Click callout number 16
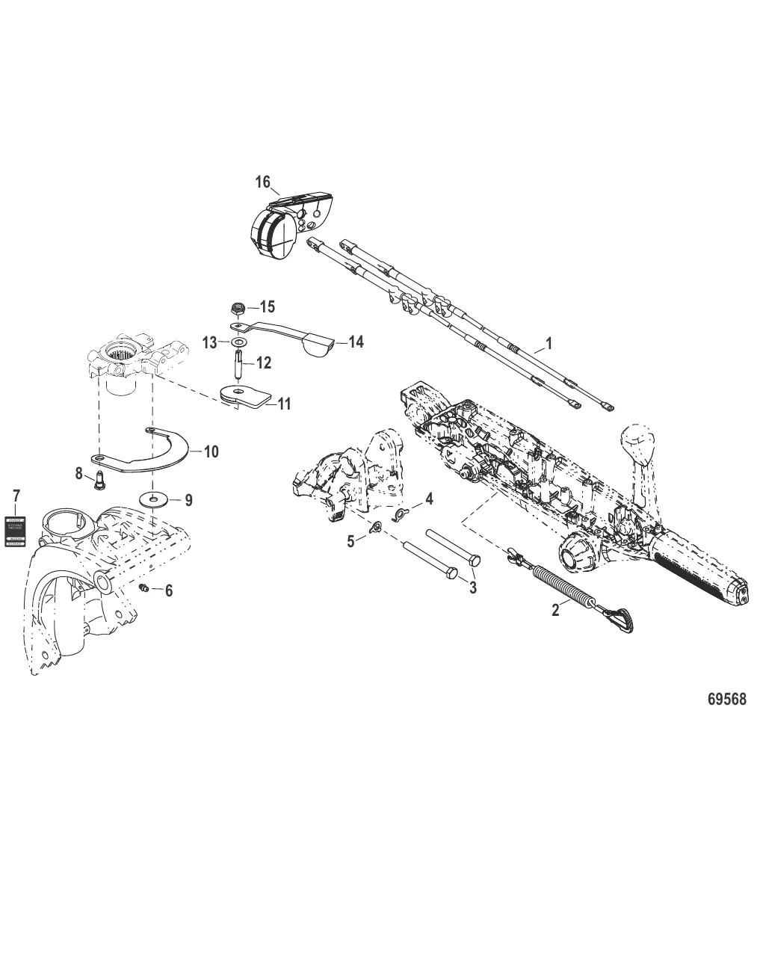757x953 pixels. tap(262, 182)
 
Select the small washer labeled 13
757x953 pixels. tap(238, 342)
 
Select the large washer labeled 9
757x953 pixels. tap(153, 499)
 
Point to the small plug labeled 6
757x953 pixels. tap(145, 588)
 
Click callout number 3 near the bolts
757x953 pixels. tap(472, 587)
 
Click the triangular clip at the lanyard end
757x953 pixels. tap(620, 618)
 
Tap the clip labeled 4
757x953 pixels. tap(401, 513)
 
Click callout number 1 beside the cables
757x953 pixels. tap(549, 344)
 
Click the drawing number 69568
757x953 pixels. tap(726, 700)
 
